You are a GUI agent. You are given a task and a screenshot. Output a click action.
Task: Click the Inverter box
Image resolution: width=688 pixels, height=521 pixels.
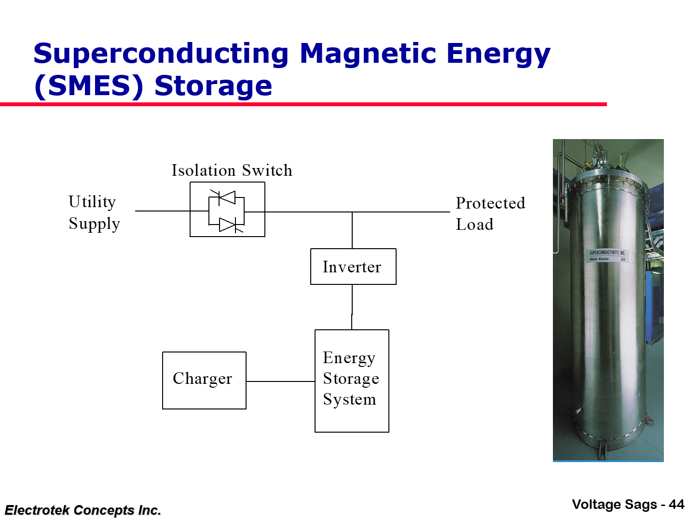(353, 267)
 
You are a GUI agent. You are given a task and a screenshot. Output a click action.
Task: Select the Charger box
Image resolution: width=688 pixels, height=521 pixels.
(204, 380)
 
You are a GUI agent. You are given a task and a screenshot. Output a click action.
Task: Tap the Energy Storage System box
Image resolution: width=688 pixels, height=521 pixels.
(352, 380)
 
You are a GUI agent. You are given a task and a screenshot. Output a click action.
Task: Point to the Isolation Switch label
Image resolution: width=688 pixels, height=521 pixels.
(232, 170)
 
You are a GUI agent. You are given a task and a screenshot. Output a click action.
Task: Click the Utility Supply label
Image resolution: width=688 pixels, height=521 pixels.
(94, 212)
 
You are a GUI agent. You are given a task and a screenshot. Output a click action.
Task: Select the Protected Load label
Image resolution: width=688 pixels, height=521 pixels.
(490, 213)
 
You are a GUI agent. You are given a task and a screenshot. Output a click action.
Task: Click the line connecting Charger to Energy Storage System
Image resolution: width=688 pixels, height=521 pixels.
(280, 381)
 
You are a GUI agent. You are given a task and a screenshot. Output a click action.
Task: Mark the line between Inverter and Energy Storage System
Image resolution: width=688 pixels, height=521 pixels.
(352, 307)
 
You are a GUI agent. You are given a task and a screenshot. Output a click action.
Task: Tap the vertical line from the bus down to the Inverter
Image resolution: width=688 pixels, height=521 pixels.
(352, 230)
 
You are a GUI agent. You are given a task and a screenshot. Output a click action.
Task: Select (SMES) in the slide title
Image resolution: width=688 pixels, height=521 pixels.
(89, 86)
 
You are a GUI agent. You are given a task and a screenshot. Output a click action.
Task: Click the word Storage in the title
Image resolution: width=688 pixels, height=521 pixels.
(213, 86)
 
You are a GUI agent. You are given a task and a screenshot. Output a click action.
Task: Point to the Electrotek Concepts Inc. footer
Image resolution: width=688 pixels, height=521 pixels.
(83, 510)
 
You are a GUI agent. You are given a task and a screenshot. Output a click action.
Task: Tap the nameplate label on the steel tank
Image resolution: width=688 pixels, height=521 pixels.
(607, 255)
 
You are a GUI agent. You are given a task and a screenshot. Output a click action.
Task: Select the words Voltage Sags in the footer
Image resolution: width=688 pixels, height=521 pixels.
(614, 505)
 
